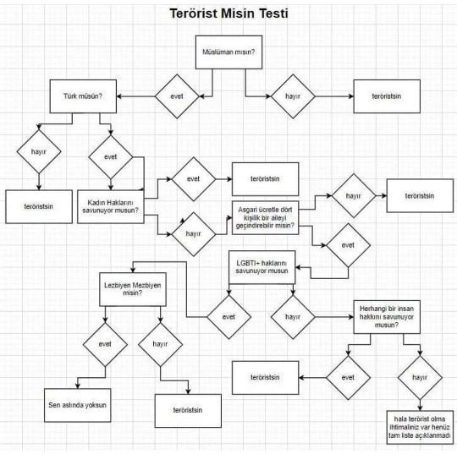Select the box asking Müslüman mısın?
pyautogui.click(x=228, y=52)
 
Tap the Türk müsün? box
pyautogui.click(x=83, y=96)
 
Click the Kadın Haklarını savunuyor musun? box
pyautogui.click(x=111, y=207)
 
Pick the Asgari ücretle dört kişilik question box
pyautogui.click(x=265, y=217)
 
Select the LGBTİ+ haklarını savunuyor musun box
pyautogui.click(x=262, y=267)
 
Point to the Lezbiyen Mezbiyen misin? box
pyautogui.click(x=133, y=289)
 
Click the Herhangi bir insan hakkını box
pyautogui.click(x=387, y=317)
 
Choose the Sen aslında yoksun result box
pyautogui.click(x=78, y=405)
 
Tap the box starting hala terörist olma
pyautogui.click(x=420, y=427)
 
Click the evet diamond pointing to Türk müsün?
pyautogui.click(x=177, y=96)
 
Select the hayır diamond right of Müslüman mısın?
pyautogui.click(x=293, y=96)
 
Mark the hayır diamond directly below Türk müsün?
pyautogui.click(x=39, y=151)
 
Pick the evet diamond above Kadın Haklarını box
pyautogui.click(x=111, y=157)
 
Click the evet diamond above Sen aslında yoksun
pyautogui.click(x=105, y=344)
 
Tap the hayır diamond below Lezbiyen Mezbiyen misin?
pyautogui.click(x=160, y=344)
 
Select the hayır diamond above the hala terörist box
pyautogui.click(x=420, y=378)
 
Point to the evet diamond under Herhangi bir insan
pyautogui.click(x=349, y=378)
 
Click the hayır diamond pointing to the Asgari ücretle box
pyautogui.click(x=194, y=234)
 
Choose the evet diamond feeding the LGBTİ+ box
pyautogui.click(x=349, y=245)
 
